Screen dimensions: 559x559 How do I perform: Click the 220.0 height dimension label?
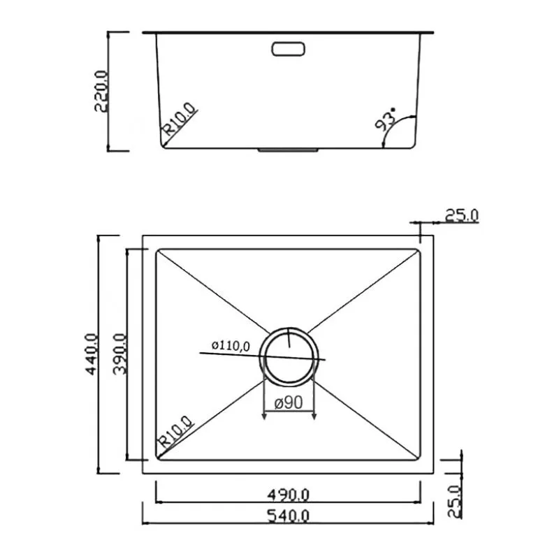101,92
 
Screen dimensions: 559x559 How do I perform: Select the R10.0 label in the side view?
180,119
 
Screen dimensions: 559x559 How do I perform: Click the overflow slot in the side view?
288,49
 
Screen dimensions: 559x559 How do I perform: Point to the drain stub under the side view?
288,150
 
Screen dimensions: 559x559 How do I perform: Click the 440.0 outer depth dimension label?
92,354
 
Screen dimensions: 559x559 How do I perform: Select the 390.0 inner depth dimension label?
119,354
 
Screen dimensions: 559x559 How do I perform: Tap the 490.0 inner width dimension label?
289,495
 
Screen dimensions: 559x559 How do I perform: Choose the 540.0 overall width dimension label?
289,516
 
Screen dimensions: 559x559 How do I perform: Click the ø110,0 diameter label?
231,345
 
